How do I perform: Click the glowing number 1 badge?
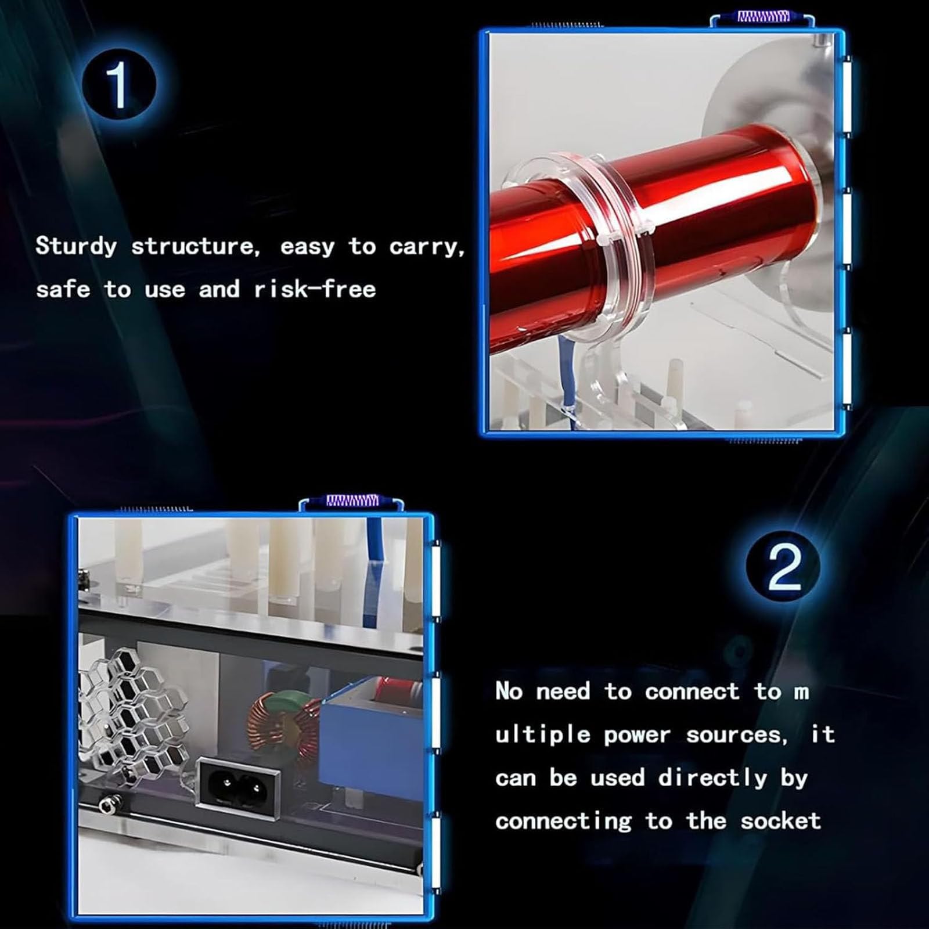[119, 86]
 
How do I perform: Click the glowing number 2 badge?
[783, 568]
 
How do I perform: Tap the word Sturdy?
[76, 247]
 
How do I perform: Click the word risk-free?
[315, 289]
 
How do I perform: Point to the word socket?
[780, 821]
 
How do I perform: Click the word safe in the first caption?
[63, 289]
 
